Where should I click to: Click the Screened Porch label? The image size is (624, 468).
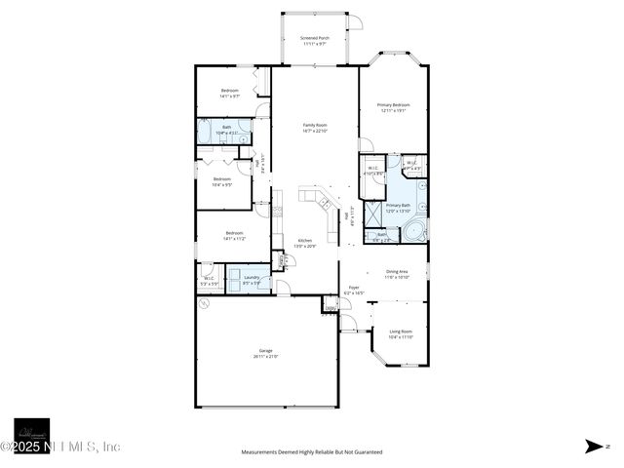tap(314, 41)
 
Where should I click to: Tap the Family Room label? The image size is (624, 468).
tap(314, 128)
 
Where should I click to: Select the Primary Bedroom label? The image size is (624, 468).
tap(393, 107)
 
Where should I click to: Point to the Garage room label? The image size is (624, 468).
tap(265, 353)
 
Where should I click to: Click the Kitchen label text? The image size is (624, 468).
tap(304, 244)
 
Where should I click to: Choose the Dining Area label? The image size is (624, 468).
tap(397, 275)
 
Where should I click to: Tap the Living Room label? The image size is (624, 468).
tap(400, 334)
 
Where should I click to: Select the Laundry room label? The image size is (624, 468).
tap(252, 280)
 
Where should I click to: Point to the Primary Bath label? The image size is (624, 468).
tap(398, 208)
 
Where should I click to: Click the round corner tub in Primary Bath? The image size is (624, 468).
tap(415, 232)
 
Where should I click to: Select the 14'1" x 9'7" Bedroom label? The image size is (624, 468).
tap(229, 93)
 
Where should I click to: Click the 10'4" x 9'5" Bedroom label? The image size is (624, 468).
tap(222, 181)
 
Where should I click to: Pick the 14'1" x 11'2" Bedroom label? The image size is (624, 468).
tap(234, 235)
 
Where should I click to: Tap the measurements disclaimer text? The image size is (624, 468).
tap(312, 452)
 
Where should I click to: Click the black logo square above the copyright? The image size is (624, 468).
tap(31, 434)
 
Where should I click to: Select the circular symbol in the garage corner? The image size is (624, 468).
tap(204, 304)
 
